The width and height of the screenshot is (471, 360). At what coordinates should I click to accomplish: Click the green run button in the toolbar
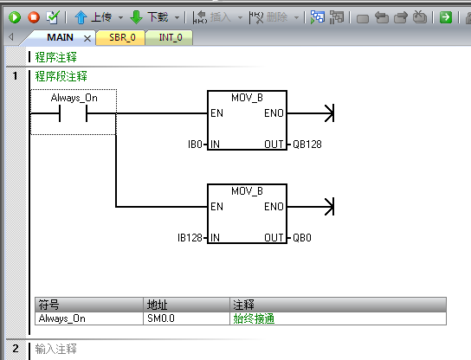[15, 17]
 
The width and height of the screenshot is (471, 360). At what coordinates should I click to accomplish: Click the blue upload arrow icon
[81, 17]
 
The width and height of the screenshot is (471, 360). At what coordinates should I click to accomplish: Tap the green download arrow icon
[136, 17]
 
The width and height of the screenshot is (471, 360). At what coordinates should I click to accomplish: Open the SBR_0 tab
[122, 37]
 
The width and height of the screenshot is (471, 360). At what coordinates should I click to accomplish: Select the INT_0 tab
[171, 37]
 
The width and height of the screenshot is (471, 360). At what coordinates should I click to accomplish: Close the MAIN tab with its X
[87, 38]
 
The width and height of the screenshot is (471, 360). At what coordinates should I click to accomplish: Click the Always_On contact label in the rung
[74, 98]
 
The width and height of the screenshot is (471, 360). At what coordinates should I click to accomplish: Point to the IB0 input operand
[195, 145]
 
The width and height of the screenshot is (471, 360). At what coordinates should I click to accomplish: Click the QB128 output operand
[307, 145]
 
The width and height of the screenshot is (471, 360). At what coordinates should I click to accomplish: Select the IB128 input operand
[190, 238]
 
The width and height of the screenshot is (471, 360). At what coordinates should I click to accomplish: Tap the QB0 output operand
[302, 238]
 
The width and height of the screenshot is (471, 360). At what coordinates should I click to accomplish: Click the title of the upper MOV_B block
[247, 98]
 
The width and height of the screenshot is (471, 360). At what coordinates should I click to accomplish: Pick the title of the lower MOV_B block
[247, 191]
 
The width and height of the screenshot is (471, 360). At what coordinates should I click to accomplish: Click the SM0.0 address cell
[161, 318]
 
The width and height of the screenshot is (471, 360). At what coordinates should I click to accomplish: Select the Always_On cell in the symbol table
[61, 318]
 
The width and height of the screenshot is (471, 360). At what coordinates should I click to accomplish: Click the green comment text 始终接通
[254, 318]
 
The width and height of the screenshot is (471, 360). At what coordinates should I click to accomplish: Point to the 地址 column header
[157, 305]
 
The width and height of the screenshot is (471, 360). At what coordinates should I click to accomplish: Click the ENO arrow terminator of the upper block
[330, 113]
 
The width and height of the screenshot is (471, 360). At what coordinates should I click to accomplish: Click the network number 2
[16, 349]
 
